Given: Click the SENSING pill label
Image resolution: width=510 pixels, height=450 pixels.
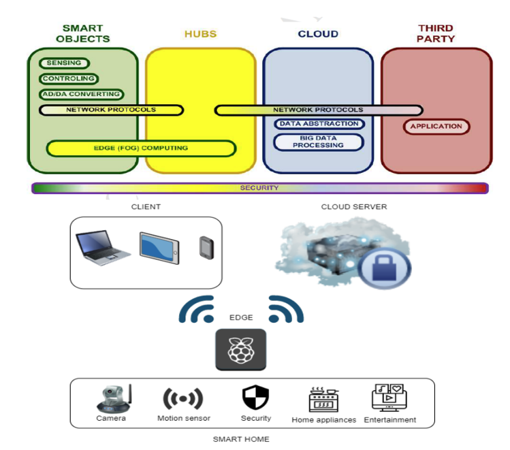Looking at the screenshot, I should point(65,63).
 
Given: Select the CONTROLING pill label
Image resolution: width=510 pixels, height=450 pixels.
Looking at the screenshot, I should point(69,79).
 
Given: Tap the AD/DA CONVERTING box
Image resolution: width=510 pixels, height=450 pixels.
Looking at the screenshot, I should point(80,94).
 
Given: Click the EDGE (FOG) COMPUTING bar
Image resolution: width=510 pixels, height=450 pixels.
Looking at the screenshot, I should point(141,148).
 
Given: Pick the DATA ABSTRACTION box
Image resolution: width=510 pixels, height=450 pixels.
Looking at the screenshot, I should point(319,124).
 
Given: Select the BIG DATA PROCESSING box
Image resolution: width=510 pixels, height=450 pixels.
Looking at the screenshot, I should point(319,141).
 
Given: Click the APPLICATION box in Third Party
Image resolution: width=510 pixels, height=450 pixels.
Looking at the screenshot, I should point(436,126).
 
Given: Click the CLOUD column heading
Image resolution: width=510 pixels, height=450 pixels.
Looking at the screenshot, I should point(318,34).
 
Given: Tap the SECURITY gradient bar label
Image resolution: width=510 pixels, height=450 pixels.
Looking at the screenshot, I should point(259,188).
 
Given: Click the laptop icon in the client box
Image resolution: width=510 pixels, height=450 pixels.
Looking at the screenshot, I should point(101,248).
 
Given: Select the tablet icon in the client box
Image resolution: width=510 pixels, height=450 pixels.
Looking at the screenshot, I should point(159,248).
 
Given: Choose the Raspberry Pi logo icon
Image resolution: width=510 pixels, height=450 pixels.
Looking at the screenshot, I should point(240,349).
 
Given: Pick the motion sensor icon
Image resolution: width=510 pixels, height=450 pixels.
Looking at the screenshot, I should point(183,399).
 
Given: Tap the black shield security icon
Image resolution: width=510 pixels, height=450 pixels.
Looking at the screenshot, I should point(255,398).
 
